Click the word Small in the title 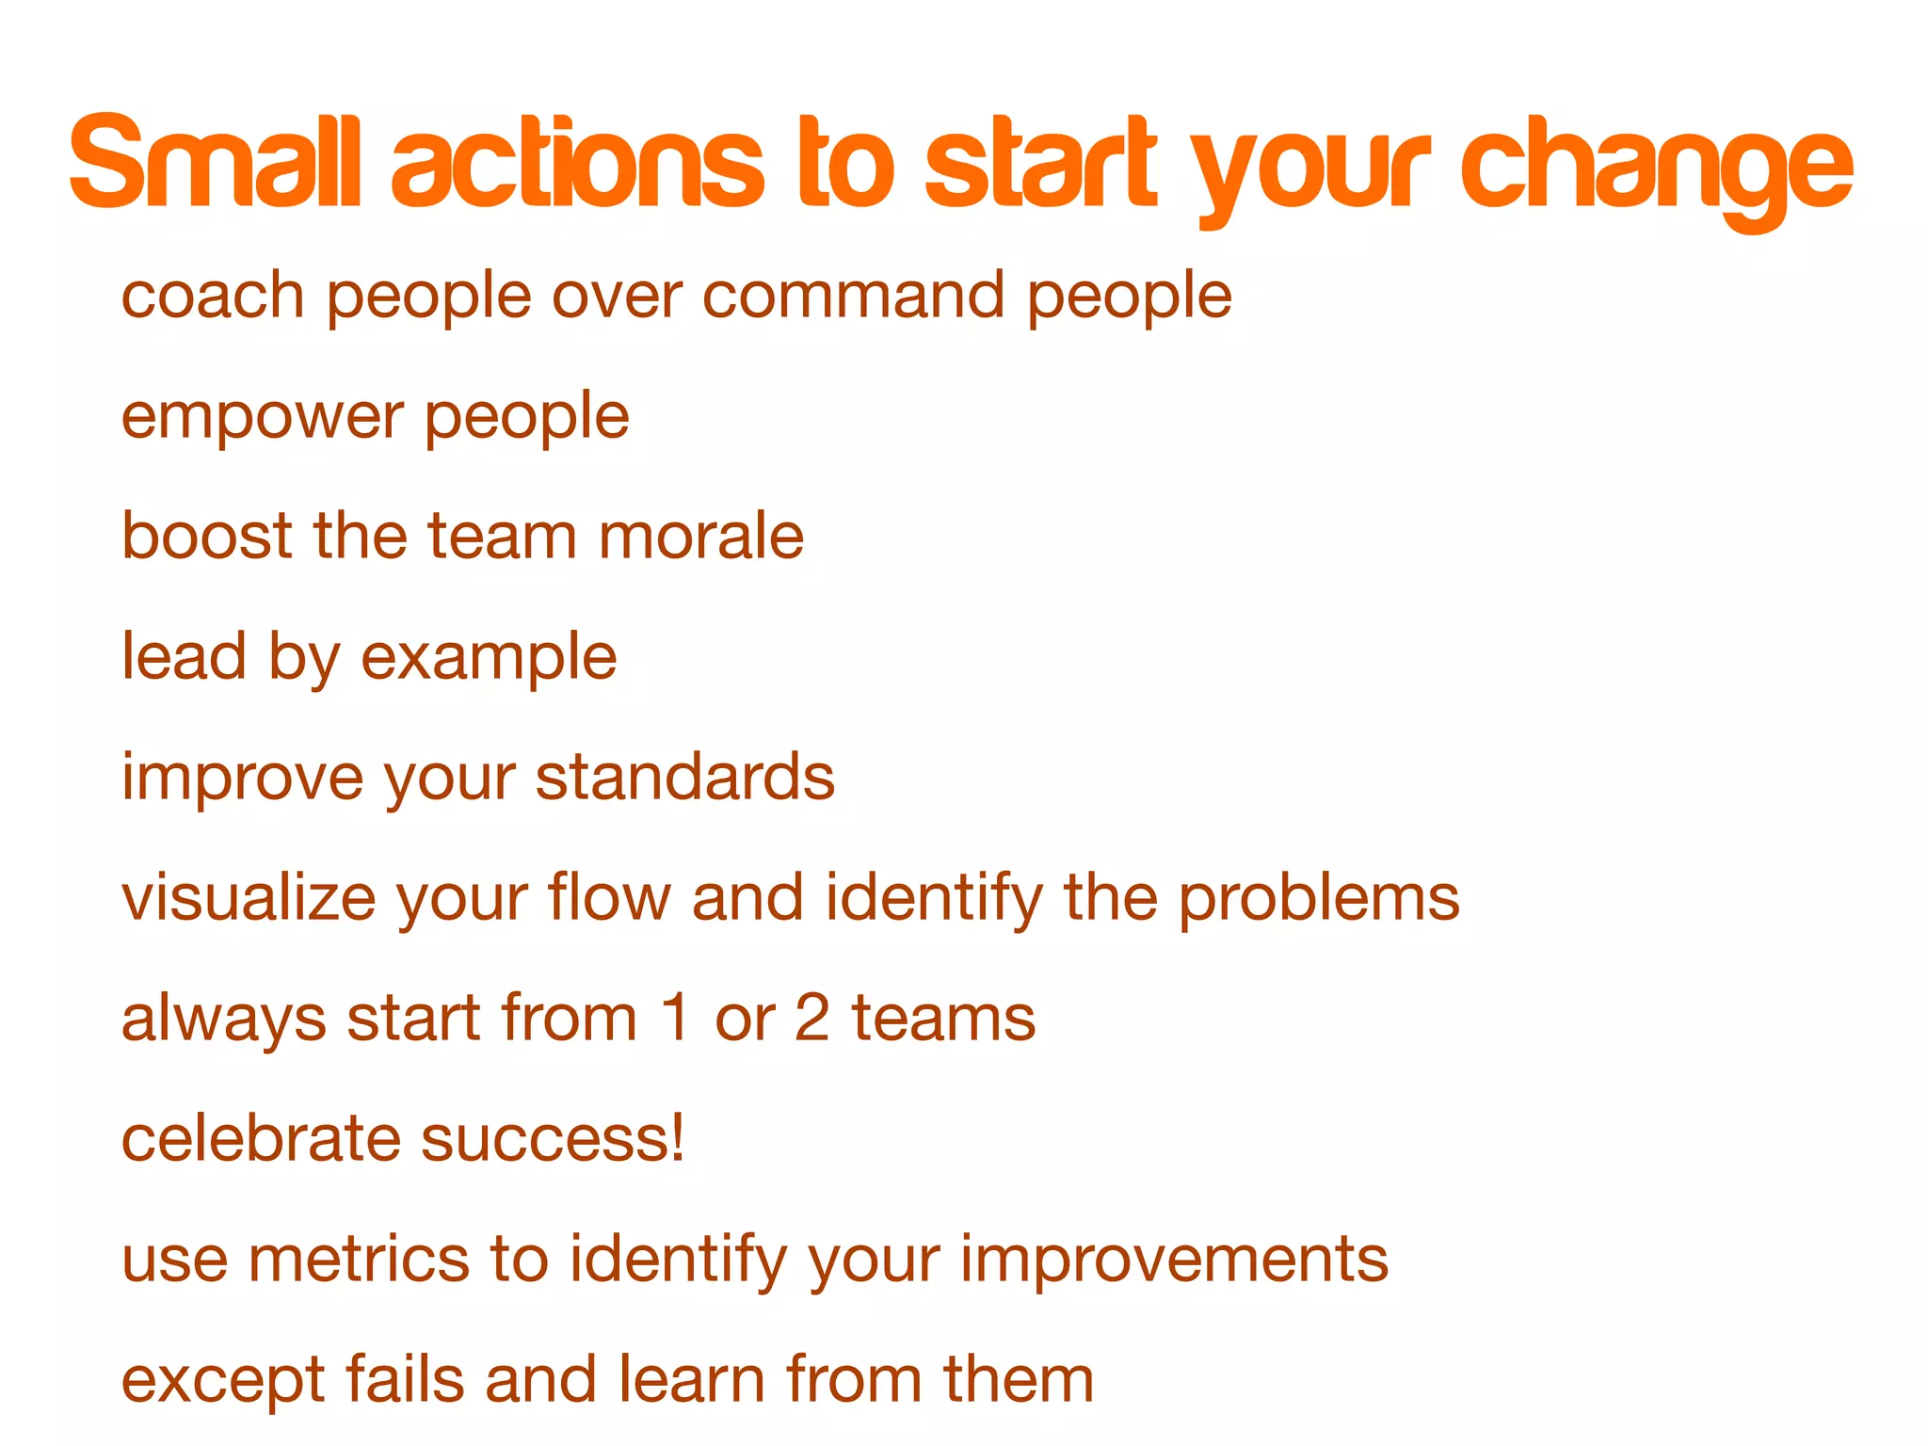tap(215, 162)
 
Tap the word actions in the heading tap(577, 162)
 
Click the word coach tap(213, 296)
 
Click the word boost tap(207, 536)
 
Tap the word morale tap(701, 536)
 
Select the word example tap(490, 658)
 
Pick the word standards tap(685, 778)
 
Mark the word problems tap(1319, 899)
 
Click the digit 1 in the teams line tap(675, 1019)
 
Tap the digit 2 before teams tap(812, 1019)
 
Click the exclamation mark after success tap(675, 1138)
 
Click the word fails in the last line tap(404, 1379)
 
